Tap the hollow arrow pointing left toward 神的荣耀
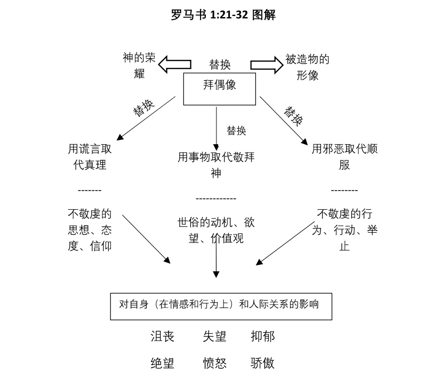point(175,65)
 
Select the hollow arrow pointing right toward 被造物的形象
point(267,65)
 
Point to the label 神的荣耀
point(139,66)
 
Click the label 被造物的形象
point(307,67)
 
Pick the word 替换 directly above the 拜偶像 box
point(220,65)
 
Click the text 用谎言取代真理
point(90,156)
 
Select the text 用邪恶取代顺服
point(344,156)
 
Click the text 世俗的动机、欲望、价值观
point(216,230)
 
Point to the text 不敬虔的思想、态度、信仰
point(90,230)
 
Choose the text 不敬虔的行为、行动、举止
point(344,230)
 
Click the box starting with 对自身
point(221,306)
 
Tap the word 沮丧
point(162,336)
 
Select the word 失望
point(214,336)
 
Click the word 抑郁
point(262,336)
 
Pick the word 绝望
point(162,364)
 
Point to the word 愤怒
point(214,364)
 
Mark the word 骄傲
point(262,364)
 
